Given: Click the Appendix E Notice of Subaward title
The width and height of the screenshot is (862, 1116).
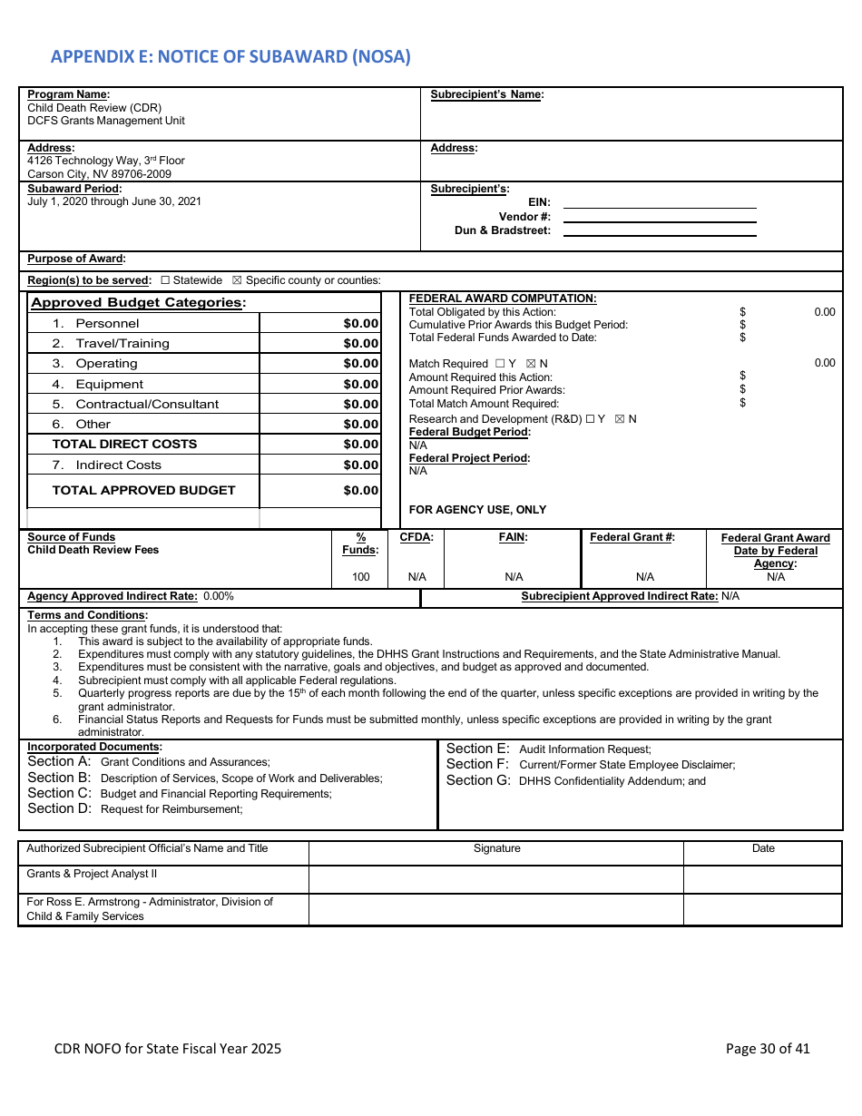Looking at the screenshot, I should [230, 56].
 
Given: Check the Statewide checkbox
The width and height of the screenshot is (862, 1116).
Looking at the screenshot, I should [165, 280].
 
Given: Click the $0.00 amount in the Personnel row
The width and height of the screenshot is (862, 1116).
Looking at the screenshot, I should [360, 324].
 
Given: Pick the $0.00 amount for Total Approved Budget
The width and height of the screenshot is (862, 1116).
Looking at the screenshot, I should [360, 491].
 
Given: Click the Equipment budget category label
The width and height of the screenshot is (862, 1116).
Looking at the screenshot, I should [109, 385].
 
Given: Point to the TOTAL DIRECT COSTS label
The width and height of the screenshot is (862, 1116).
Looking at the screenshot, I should [124, 445].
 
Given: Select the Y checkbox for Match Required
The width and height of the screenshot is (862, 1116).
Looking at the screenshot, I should [500, 364].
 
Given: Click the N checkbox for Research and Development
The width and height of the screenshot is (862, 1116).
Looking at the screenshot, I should [620, 419].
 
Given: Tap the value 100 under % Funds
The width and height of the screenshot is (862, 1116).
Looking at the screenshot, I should [360, 577].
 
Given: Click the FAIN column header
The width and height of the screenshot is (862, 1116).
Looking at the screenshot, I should [513, 537].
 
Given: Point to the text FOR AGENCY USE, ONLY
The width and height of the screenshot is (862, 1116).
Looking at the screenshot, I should [477, 510].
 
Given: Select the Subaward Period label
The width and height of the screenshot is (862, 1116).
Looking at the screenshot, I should [74, 189].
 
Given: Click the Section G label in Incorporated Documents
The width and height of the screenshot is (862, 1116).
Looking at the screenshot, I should [478, 780].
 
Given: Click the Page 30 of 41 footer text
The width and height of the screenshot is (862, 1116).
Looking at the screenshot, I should [767, 1049].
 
